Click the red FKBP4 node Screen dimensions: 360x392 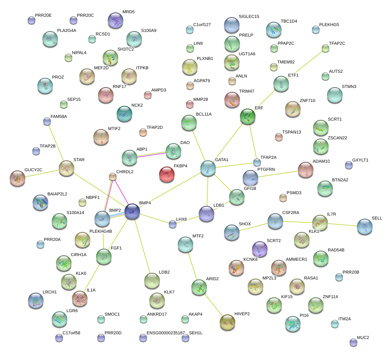click(167, 174)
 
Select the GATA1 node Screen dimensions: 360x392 click(208, 168)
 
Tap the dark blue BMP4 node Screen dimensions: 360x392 click(132, 211)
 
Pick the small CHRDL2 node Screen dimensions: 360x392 click(113, 177)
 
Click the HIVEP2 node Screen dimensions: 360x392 click(227, 321)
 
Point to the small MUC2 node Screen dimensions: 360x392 click(353, 342)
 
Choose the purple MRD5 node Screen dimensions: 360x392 click(115, 20)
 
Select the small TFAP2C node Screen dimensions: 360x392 click(325, 48)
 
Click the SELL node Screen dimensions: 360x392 click(365, 227)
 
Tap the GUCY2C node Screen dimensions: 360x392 click(17, 178)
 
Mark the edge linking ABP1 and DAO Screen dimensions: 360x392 click(151, 154)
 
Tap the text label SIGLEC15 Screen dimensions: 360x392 click(249, 16)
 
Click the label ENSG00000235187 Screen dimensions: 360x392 click(166, 333)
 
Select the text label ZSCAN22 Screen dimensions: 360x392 click(337, 138)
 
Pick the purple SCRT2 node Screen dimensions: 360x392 click(260, 249)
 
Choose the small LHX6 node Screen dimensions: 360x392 click(173, 224)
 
